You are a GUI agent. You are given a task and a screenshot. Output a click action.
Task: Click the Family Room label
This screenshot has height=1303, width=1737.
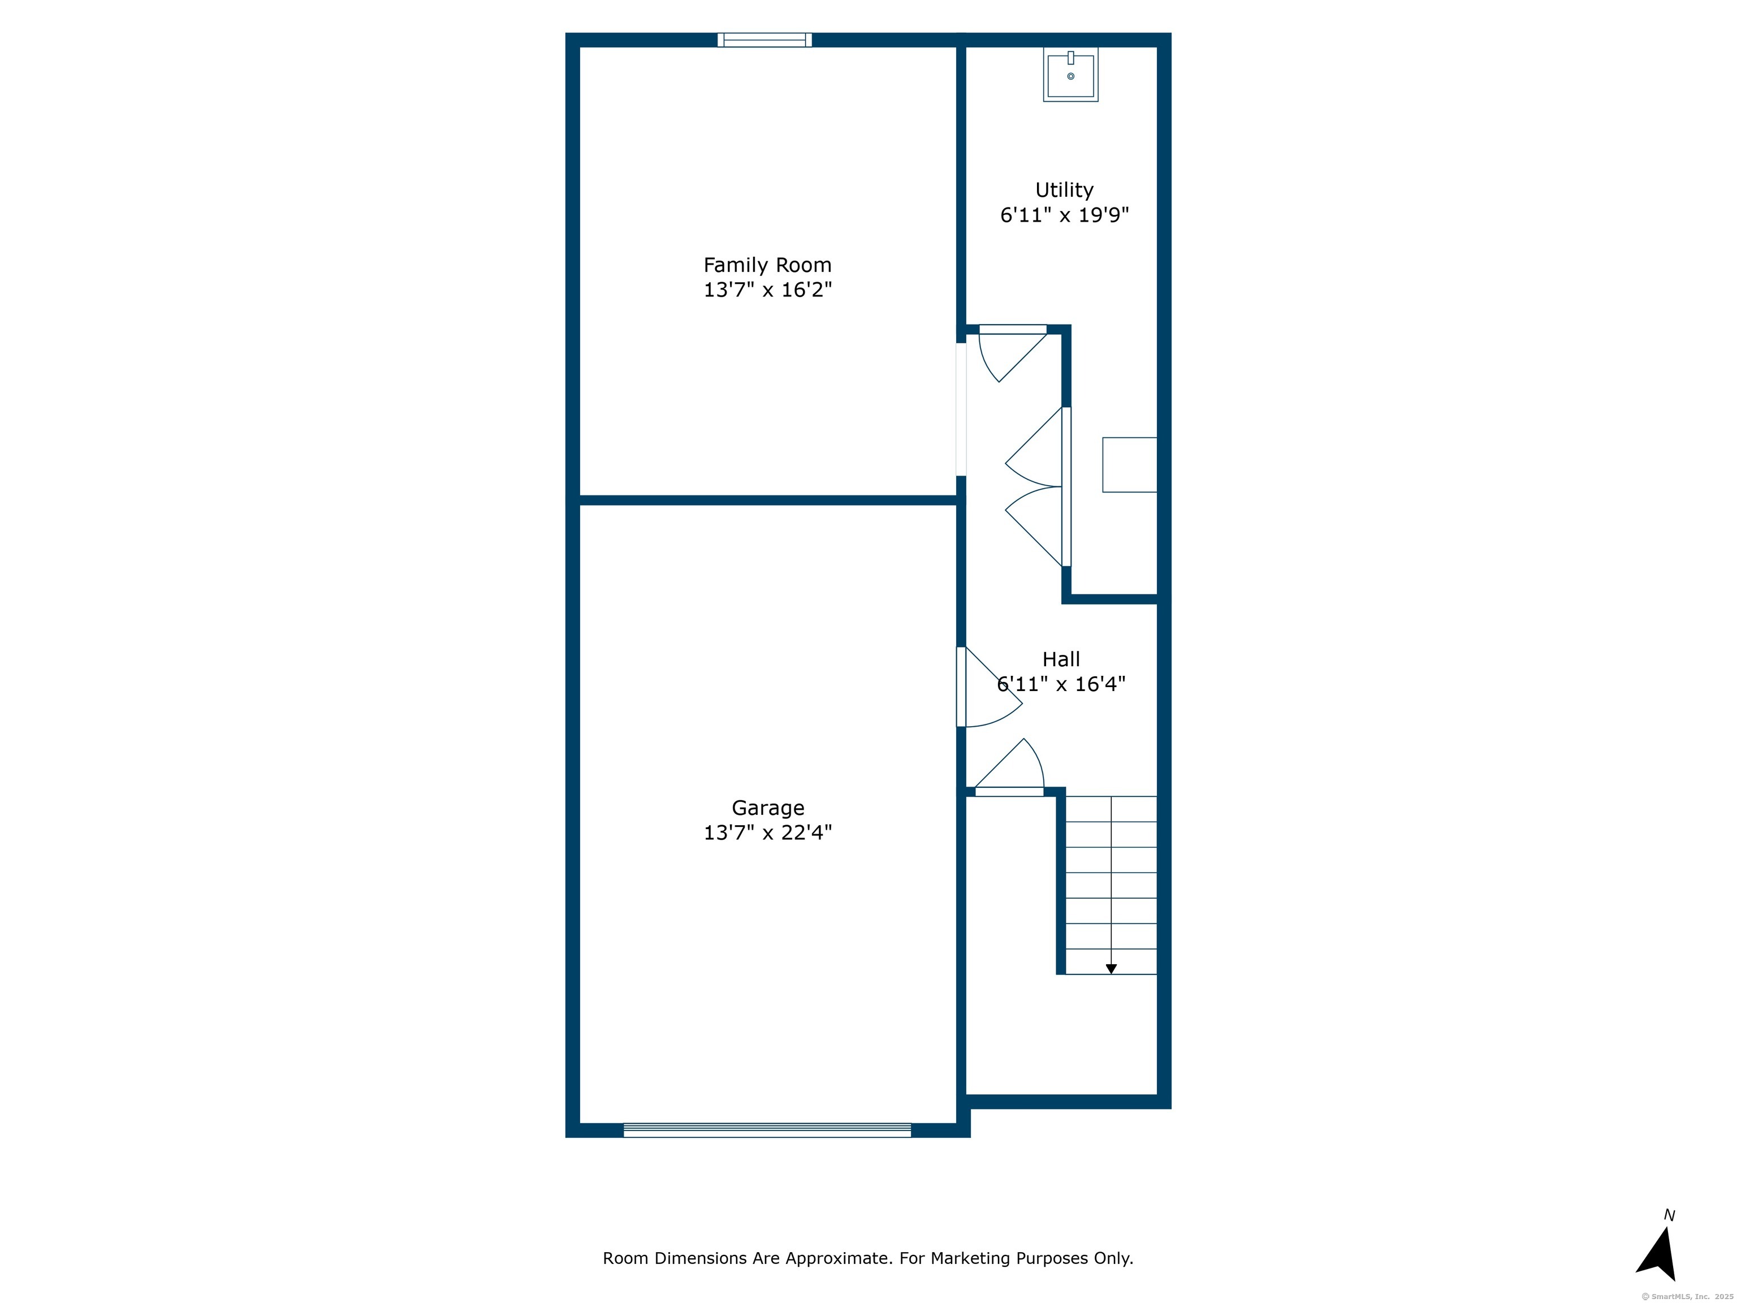click(767, 265)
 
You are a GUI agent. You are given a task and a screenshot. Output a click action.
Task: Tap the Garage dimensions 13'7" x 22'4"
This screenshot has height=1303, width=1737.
click(767, 832)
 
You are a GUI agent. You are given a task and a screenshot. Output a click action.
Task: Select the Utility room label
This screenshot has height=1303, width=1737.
click(1064, 191)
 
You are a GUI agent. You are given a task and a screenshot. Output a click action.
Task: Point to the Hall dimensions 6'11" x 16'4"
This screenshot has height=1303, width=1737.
click(1061, 684)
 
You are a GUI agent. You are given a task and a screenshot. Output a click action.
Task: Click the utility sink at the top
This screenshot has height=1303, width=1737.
click(1070, 75)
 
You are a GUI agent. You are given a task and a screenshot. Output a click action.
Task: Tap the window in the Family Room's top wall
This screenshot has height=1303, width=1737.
click(765, 40)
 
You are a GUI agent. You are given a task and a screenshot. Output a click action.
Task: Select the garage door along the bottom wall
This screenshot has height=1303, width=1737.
click(767, 1130)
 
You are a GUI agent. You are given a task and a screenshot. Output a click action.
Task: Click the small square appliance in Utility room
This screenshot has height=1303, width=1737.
click(1129, 465)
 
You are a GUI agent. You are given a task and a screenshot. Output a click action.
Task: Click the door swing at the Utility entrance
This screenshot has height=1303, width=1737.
click(1013, 353)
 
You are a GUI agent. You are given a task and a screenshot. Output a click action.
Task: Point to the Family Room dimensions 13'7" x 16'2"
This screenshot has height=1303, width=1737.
click(767, 290)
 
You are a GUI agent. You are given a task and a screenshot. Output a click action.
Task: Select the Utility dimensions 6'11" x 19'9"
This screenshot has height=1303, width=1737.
click(1064, 215)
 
